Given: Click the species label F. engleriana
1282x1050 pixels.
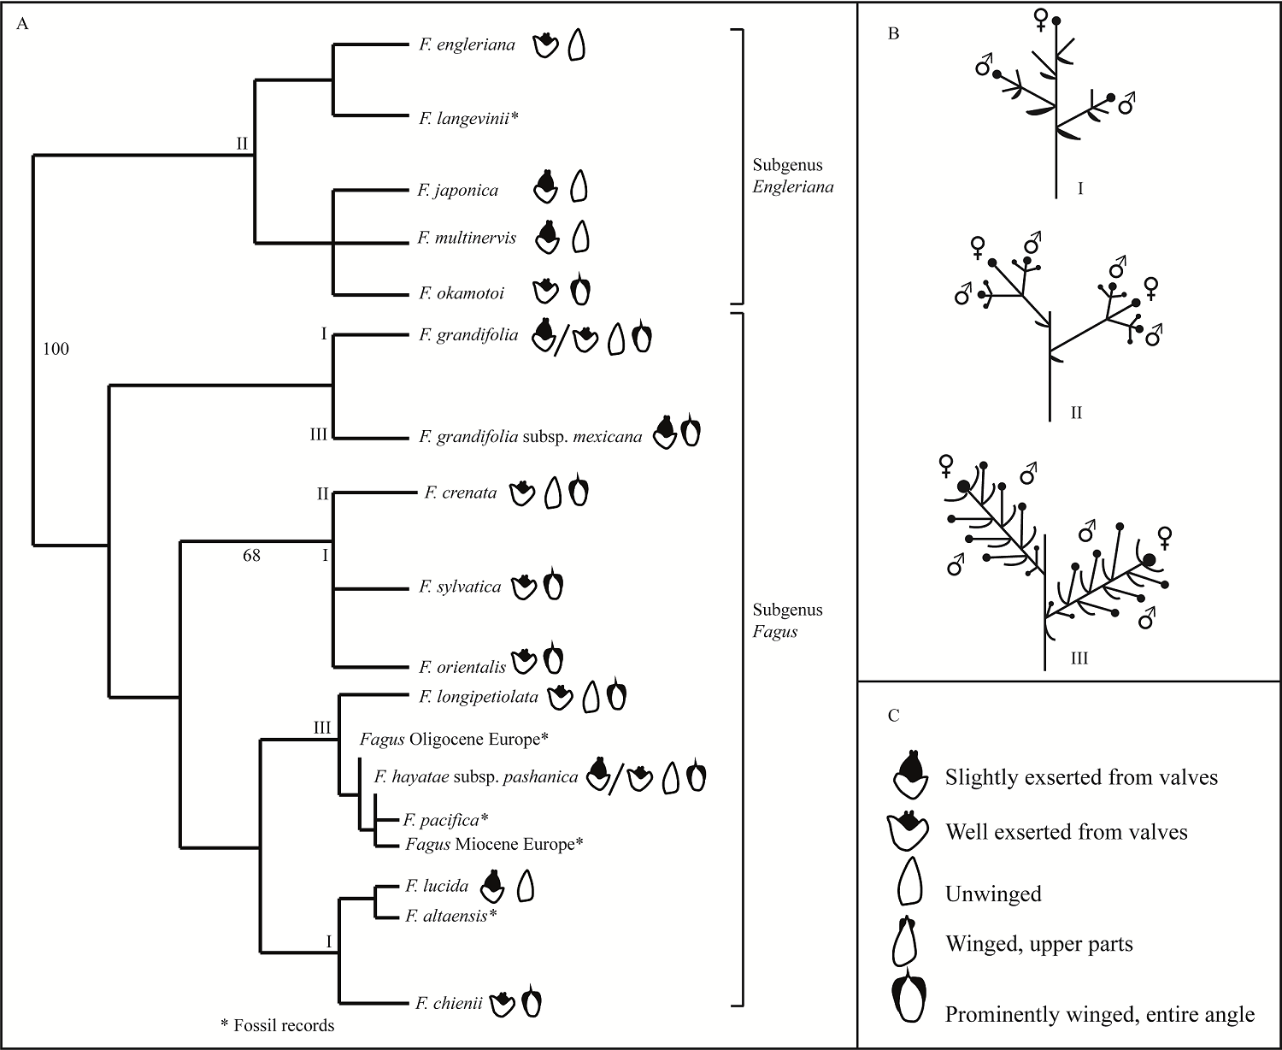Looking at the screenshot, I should click(467, 45).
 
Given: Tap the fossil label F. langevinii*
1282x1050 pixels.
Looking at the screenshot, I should click(469, 118).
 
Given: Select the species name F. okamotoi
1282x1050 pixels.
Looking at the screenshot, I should click(462, 293).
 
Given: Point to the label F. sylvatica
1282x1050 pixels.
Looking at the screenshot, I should click(460, 587).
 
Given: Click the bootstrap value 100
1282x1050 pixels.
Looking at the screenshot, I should click(56, 349).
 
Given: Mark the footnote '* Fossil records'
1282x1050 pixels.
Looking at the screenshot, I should click(277, 1024).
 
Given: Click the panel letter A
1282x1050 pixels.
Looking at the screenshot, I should click(23, 24).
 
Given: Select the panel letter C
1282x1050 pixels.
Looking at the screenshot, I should click(893, 716).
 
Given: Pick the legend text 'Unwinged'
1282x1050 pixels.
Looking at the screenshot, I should click(993, 894).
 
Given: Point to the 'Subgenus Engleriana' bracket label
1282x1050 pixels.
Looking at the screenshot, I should click(791, 175).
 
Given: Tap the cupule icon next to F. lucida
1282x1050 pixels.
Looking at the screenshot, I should click(491, 887).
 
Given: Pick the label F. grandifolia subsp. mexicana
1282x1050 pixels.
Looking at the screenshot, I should click(530, 437).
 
